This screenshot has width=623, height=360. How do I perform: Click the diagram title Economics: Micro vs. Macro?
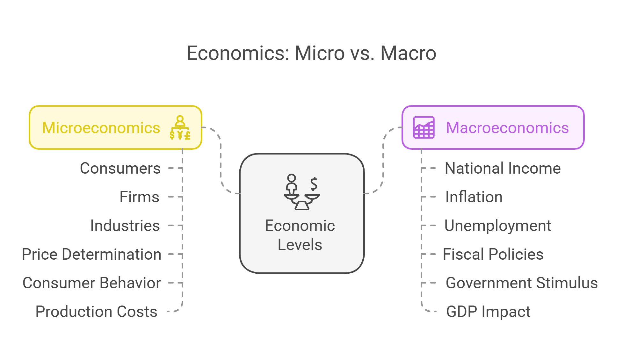(311, 53)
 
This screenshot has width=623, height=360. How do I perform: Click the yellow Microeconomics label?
(101, 128)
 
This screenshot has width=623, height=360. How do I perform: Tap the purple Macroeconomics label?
(507, 128)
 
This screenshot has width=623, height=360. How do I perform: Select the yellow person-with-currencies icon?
(180, 128)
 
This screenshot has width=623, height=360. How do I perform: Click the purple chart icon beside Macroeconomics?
(424, 127)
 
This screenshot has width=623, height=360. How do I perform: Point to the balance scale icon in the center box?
(302, 192)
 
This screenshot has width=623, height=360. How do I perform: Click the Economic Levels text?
(300, 235)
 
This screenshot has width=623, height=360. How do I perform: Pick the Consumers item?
(120, 168)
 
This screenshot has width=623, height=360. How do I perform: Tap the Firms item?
(139, 197)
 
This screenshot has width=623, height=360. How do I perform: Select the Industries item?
(125, 226)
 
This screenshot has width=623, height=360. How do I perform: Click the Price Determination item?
(91, 254)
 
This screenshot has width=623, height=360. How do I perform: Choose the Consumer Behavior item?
(92, 283)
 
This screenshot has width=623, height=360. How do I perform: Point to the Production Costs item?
(96, 312)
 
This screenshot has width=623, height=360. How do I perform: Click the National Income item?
(503, 168)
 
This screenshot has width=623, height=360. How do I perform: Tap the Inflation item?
(474, 197)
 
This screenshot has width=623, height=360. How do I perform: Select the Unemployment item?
(498, 226)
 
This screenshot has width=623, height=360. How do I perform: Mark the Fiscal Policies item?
(493, 254)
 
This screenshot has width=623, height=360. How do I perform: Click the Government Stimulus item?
(522, 283)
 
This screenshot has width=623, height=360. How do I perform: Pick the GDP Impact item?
(488, 312)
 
